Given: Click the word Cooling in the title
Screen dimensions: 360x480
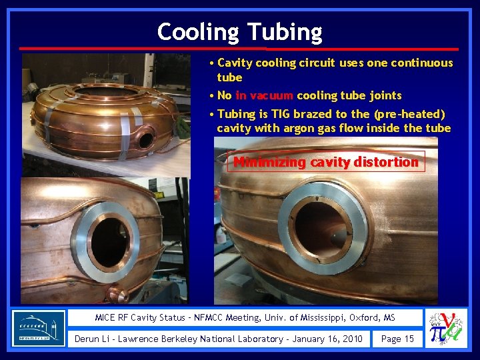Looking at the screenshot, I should click(198, 31).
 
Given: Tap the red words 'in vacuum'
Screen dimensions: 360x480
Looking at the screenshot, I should click(264, 95).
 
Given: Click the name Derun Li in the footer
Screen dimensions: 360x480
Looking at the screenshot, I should click(93, 339).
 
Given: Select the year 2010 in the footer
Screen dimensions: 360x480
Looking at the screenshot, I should click(350, 339).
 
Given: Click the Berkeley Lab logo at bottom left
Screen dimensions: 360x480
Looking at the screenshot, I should click(39, 327).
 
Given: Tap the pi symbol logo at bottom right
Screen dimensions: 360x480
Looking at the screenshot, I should click(446, 328).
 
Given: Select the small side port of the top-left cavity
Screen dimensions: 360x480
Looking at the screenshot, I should click(145, 140).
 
